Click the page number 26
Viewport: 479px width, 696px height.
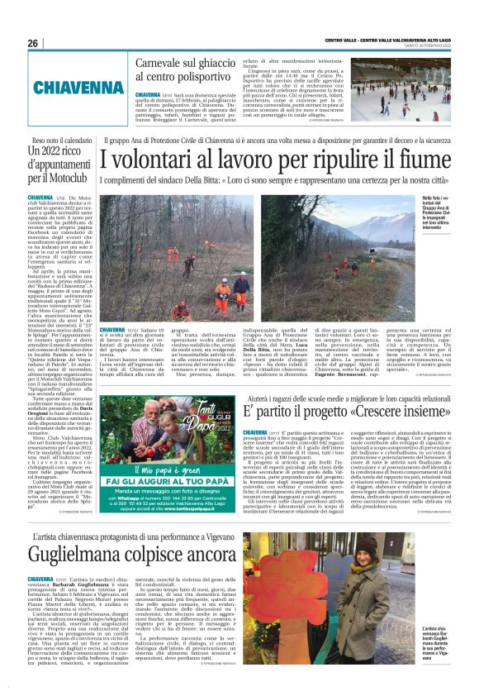[x=33, y=43]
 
